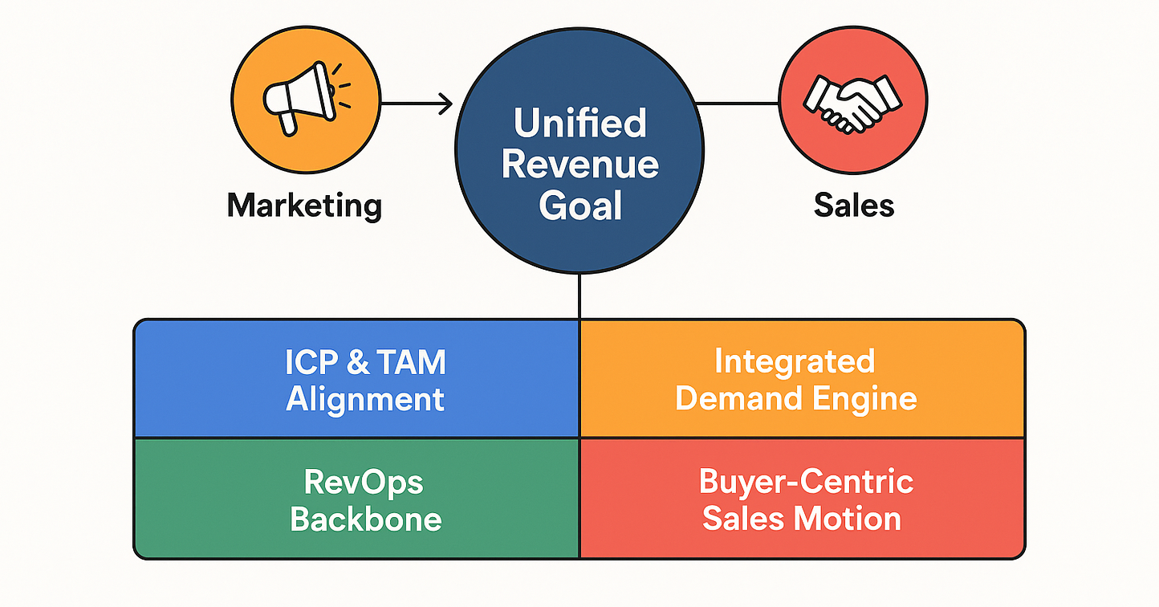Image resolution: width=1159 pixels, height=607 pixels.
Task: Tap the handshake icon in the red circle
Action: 852,102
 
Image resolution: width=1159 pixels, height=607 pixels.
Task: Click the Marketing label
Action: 304,206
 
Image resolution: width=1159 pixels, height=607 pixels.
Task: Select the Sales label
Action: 853,206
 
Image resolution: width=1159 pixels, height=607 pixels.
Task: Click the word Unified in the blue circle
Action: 579,124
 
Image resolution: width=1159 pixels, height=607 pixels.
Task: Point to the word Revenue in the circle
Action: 579,165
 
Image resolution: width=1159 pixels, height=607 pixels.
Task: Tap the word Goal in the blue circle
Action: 579,206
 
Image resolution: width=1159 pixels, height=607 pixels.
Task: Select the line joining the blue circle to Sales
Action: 738,103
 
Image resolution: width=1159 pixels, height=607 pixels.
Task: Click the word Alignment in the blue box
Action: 365,399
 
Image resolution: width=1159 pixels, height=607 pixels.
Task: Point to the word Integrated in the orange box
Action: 795,361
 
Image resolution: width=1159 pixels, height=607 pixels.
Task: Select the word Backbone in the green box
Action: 365,519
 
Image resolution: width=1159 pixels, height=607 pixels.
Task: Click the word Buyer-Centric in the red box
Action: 806,482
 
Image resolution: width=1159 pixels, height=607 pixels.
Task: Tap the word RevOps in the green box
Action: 364,483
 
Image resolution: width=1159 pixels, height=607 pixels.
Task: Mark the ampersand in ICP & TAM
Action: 358,363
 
